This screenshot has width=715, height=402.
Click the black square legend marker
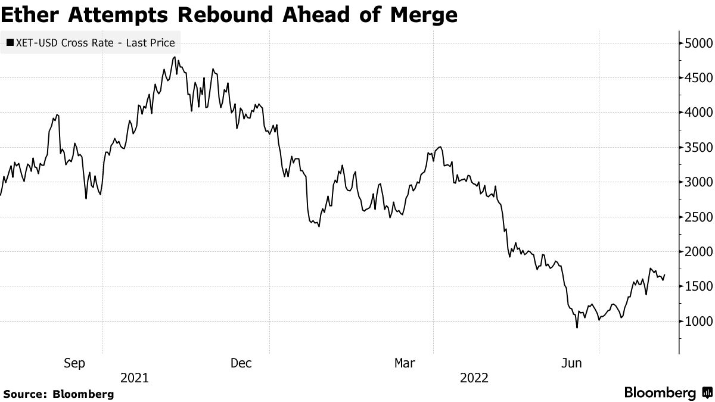click(10, 43)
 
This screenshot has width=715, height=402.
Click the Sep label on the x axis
click(74, 363)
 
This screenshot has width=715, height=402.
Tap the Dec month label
click(242, 363)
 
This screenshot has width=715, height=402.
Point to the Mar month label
click(406, 363)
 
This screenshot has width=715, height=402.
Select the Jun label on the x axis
click(572, 363)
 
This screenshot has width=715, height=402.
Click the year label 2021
click(135, 378)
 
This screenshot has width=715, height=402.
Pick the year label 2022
click(474, 378)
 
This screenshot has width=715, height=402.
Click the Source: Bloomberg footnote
click(58, 394)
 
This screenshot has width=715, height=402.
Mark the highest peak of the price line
click(174, 57)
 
